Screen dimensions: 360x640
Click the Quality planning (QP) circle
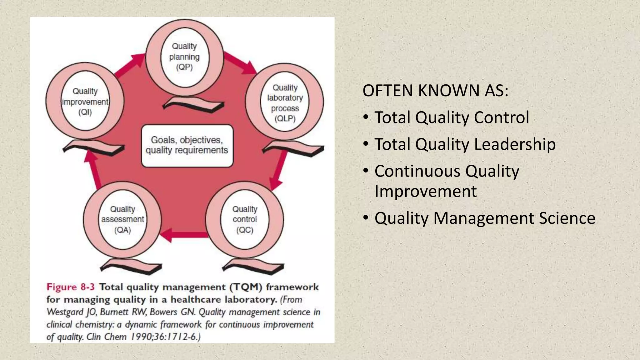[184, 57]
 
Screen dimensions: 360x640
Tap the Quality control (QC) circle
[245, 220]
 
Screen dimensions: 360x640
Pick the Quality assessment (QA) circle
[122, 220]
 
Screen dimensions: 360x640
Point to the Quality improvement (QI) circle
[85, 102]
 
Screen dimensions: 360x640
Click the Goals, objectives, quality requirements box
[187, 146]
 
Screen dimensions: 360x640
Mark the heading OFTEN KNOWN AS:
[435, 91]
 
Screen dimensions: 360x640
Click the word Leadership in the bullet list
[515, 144]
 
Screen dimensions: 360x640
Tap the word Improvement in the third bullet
[425, 191]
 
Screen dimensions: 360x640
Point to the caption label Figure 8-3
[70, 287]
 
